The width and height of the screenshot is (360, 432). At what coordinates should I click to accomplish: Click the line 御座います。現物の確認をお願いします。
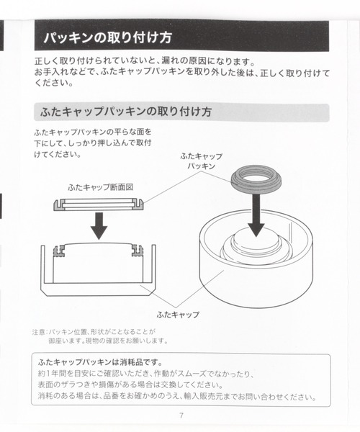point(108,341)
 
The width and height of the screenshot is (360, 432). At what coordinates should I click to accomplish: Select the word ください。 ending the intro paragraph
point(53,83)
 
